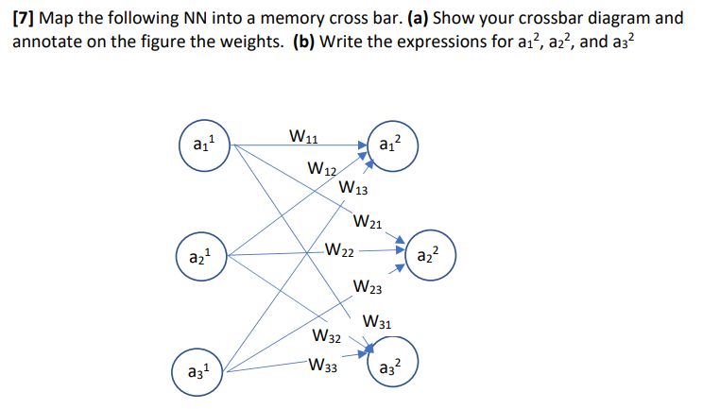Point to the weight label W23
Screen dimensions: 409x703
pos(366,287)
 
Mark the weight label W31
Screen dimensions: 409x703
pos(377,322)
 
